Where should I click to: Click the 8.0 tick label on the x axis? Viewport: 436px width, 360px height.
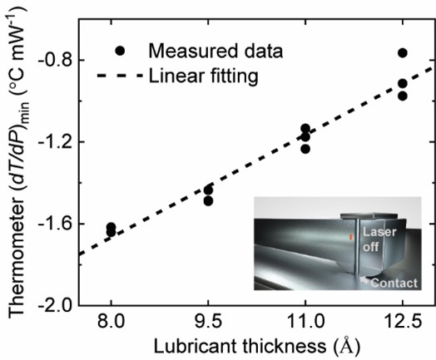(111, 323)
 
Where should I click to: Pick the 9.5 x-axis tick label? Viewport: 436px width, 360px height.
(208, 323)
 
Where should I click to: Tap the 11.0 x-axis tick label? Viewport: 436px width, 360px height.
(305, 323)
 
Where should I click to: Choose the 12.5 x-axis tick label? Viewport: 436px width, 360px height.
(402, 323)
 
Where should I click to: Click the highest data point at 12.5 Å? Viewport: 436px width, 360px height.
(403, 52)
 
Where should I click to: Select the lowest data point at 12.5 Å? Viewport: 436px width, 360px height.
(403, 96)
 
